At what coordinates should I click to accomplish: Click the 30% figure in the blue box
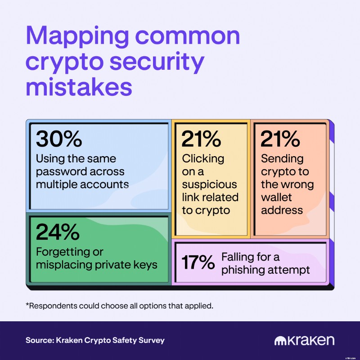coord(59,139)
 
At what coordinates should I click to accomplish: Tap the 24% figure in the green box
coord(58,232)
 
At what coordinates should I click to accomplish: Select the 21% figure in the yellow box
coord(201,139)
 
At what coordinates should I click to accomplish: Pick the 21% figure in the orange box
coord(280,139)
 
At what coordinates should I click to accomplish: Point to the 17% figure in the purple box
coord(198,262)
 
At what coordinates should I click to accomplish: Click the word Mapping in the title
coord(77,37)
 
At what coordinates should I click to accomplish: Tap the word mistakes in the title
coord(79,87)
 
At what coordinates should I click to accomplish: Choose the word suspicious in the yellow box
coord(209,185)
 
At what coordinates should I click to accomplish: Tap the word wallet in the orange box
coord(276,197)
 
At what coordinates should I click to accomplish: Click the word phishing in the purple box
coord(242,270)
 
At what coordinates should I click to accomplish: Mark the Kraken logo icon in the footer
coord(280,341)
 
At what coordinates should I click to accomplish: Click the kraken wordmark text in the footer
coord(310,340)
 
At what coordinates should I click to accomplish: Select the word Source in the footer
coord(40,340)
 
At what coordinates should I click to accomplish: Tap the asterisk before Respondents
coord(27,305)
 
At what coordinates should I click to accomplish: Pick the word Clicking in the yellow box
coord(203,159)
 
